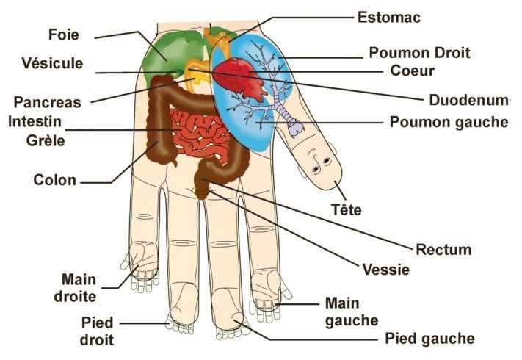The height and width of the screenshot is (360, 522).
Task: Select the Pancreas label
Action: [47, 102]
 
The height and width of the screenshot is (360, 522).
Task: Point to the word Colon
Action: [54, 179]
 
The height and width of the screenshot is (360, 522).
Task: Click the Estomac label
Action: [388, 15]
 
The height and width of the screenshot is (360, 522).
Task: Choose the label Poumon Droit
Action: [419, 53]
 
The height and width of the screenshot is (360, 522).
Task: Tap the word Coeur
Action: [412, 71]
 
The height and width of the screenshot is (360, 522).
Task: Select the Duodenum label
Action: [467, 98]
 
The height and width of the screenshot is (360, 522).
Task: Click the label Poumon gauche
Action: [449, 121]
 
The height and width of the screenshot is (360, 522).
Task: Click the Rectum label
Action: [443, 250]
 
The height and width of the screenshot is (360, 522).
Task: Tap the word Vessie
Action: [385, 270]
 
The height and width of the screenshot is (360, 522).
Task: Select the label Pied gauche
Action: [429, 339]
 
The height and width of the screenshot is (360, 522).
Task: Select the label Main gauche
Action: [352, 312]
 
